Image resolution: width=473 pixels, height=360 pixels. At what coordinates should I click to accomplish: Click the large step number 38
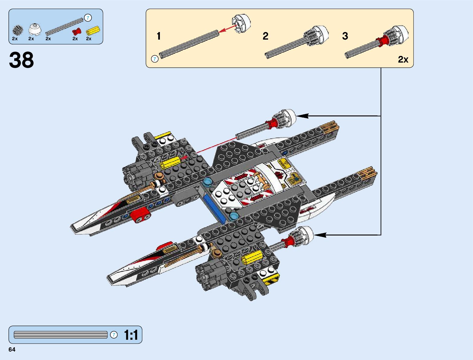point(21,60)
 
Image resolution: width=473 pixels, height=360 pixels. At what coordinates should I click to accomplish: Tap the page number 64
point(12,350)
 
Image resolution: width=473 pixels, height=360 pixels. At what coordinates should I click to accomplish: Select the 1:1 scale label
point(131,335)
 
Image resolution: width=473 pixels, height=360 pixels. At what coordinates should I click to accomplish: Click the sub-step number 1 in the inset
point(159,36)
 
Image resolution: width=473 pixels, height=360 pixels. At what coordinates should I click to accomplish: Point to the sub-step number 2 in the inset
point(265,36)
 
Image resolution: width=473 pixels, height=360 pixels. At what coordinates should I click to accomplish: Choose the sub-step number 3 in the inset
point(345,36)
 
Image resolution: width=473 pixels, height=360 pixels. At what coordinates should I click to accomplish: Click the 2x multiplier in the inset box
point(403,60)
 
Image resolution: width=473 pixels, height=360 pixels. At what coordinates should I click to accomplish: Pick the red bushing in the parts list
point(77,31)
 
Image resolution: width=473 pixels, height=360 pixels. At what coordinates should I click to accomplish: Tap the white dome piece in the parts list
point(34,30)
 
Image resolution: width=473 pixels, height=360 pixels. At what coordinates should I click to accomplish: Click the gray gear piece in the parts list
point(18,30)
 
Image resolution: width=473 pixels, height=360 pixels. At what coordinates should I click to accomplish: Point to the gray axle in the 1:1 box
point(60,335)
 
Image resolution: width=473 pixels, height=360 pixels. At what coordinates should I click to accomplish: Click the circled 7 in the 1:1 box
point(114,335)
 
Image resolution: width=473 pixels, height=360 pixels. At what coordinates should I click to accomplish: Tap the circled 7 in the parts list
point(88,18)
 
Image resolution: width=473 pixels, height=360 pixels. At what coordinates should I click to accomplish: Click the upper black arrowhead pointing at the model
point(302,116)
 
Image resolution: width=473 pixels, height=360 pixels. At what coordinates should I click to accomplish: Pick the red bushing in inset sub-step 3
point(382,41)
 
